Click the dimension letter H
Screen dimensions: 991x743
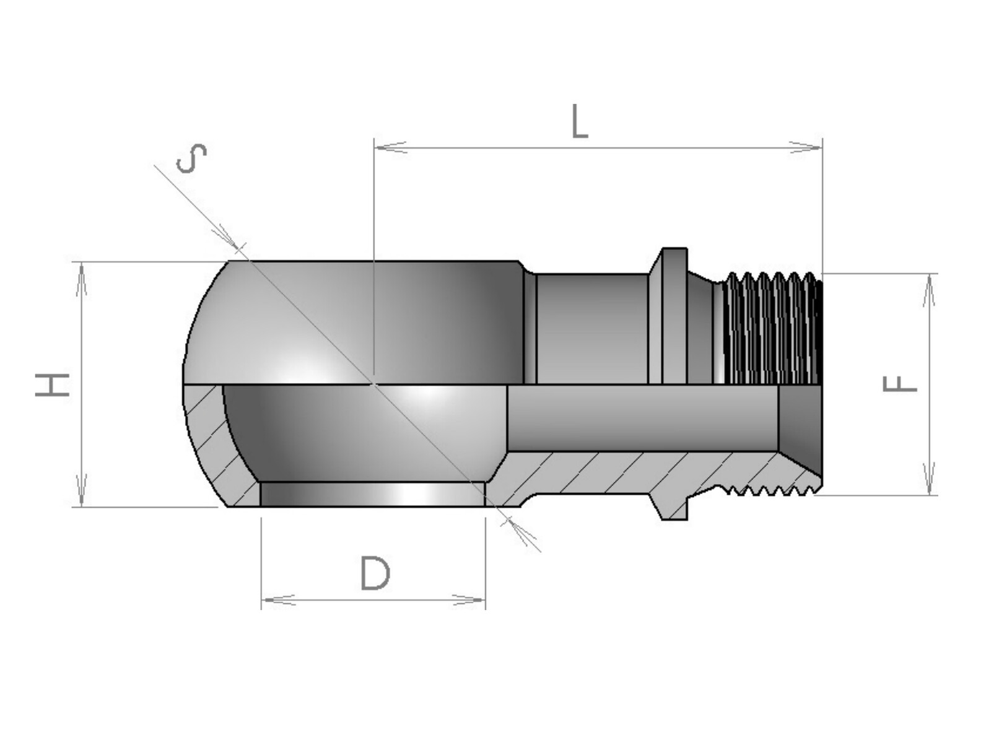53,385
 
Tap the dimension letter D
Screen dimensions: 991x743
375,573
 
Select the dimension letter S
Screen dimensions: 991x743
191,158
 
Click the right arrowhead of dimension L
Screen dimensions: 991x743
805,147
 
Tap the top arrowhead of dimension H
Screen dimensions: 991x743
81,279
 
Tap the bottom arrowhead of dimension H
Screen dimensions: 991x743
81,490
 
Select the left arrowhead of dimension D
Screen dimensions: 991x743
278,600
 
